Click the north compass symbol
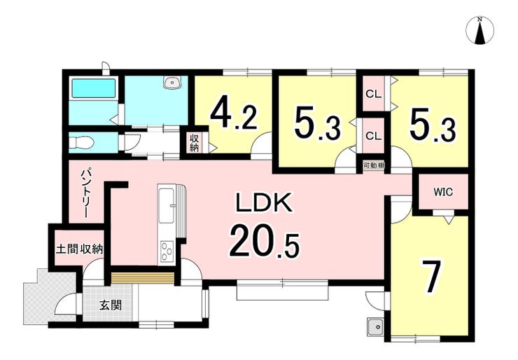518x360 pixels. tap(479, 30)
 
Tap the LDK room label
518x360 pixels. tap(264, 202)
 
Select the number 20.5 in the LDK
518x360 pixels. tap(265, 240)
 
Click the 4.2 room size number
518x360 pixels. tap(234, 113)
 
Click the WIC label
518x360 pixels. tap(443, 192)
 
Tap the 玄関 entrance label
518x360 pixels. tap(111, 305)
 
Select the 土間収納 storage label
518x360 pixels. tap(79, 249)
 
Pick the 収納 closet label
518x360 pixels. tap(194, 143)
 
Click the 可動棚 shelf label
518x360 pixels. tap(373, 165)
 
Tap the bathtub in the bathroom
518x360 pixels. tap(93, 88)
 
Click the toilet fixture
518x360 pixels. tap(82, 142)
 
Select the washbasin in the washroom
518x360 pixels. tap(173, 82)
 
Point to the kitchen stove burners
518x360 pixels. tap(167, 252)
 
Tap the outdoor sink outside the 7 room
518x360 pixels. tap(375, 327)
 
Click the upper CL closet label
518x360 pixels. tap(373, 95)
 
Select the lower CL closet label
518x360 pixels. tap(373, 136)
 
